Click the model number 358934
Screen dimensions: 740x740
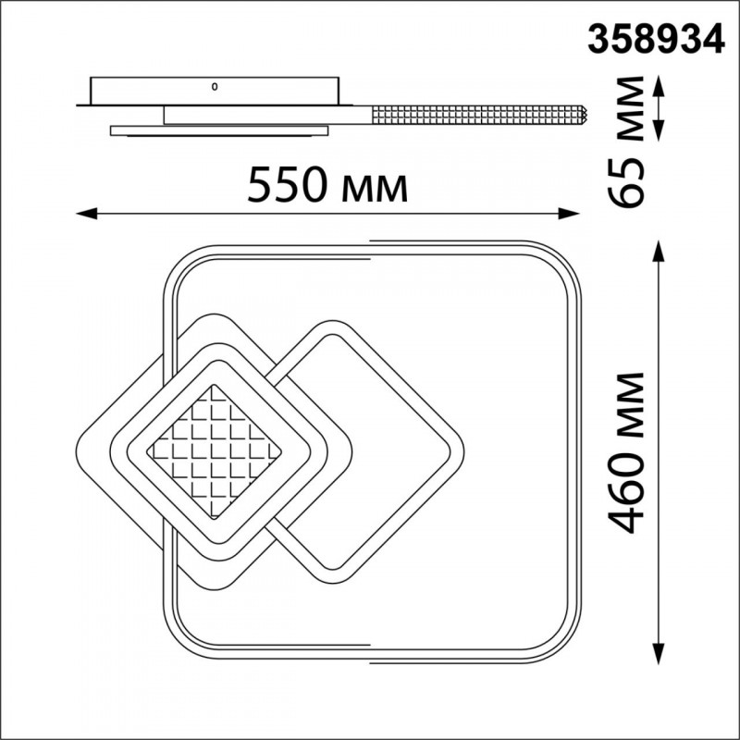point(656,39)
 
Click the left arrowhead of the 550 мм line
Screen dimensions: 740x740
point(86,214)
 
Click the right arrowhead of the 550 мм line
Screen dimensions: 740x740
point(569,214)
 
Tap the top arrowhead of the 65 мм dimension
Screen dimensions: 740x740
point(660,87)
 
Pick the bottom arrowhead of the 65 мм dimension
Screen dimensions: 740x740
point(660,130)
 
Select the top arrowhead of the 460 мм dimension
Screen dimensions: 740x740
point(660,251)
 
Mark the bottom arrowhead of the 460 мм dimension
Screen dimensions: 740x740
point(660,654)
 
